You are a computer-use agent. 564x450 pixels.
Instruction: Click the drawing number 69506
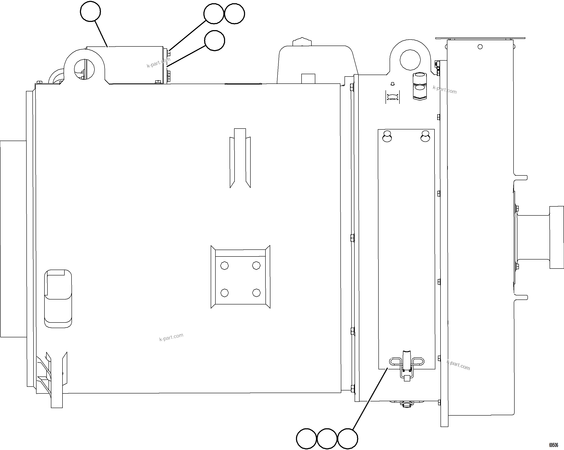[x=553, y=445]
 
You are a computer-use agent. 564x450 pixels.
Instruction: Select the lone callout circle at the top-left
[x=90, y=12]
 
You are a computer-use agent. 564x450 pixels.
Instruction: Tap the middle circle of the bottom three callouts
[x=327, y=438]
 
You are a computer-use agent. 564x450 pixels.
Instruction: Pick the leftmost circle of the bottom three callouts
[x=306, y=438]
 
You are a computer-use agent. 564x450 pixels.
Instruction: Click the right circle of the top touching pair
[x=234, y=14]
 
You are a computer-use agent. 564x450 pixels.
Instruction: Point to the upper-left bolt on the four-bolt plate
[x=224, y=266]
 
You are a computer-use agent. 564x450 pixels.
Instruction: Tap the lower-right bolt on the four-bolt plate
[x=256, y=292]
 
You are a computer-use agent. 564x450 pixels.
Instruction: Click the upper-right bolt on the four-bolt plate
[x=256, y=266]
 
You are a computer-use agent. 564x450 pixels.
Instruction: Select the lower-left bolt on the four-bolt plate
[x=224, y=292]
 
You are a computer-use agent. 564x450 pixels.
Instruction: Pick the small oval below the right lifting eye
[x=392, y=97]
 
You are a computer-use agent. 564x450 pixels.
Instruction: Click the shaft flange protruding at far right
[x=556, y=237]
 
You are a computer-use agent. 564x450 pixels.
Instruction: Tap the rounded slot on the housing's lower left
[x=58, y=299]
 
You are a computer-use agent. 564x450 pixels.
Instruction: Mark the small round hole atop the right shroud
[x=480, y=47]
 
